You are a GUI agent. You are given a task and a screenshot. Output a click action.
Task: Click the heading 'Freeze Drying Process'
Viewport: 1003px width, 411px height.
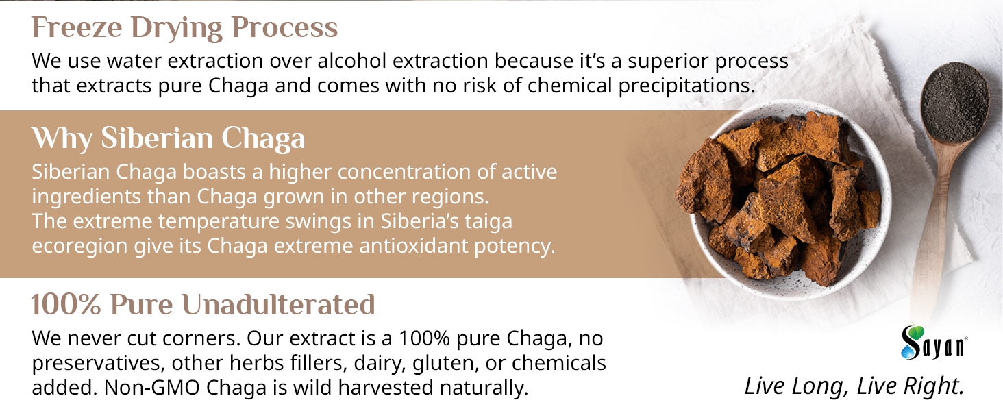[x=184, y=28]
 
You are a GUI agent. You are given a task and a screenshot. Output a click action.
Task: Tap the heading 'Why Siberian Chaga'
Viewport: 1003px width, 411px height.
[x=169, y=138]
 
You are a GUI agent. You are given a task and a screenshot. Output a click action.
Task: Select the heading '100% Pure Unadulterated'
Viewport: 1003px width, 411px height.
[x=203, y=304]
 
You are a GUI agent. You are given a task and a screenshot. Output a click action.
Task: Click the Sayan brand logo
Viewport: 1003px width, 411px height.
[x=934, y=342]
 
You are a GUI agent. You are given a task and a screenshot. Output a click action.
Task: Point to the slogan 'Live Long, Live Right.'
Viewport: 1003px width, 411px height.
[x=854, y=386]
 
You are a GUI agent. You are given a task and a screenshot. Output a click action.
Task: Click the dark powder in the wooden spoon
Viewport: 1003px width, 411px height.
[x=956, y=102]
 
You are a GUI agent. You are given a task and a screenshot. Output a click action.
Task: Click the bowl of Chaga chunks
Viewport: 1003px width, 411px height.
[x=784, y=200]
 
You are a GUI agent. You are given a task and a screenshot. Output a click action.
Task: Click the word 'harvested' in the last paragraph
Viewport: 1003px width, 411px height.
[x=386, y=388]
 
